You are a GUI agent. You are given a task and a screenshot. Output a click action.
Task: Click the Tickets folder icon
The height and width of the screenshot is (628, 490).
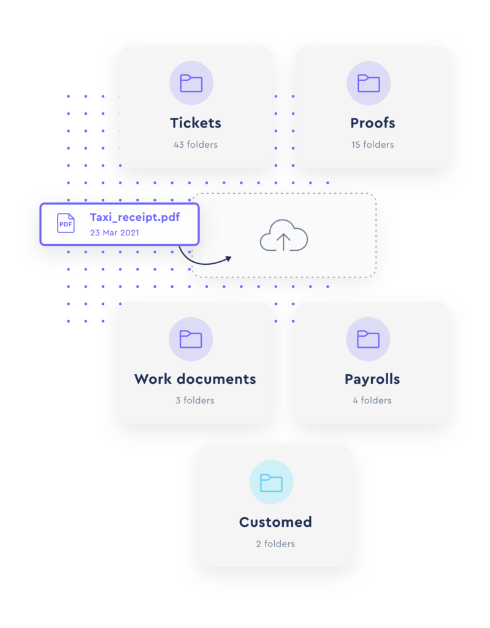click(191, 83)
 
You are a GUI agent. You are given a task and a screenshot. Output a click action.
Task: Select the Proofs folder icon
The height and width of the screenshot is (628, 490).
click(369, 83)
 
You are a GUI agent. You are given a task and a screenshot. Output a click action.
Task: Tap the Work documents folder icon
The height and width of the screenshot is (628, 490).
click(191, 339)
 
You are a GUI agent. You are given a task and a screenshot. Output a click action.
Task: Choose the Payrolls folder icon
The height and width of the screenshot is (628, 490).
click(368, 339)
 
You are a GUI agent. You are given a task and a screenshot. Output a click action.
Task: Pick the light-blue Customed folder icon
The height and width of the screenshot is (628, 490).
click(271, 483)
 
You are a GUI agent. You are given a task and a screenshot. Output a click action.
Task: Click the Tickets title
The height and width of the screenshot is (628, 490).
click(196, 123)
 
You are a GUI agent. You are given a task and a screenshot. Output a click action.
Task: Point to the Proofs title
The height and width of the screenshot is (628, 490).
click(373, 123)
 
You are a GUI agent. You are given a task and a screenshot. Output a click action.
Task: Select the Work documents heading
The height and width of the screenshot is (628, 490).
click(195, 379)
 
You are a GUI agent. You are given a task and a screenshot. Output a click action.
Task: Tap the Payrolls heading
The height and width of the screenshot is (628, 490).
click(372, 379)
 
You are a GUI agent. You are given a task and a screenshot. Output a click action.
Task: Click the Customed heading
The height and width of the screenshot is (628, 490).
click(275, 522)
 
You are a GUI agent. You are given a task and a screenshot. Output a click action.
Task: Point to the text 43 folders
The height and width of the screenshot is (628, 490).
click(196, 145)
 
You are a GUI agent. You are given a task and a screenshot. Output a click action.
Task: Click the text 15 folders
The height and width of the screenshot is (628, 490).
click(373, 145)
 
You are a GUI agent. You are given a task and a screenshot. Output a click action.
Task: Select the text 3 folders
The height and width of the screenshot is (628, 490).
click(195, 400)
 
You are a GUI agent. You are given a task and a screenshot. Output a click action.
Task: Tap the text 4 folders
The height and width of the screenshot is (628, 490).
click(372, 400)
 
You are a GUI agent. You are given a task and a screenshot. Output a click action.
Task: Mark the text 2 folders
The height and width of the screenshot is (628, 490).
click(275, 544)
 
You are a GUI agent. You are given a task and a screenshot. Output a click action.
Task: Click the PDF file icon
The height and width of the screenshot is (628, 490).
click(66, 223)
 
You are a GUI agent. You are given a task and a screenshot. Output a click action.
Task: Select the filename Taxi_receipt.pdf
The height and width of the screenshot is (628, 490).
click(135, 217)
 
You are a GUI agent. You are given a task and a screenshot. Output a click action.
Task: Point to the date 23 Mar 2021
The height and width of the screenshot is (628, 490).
click(115, 232)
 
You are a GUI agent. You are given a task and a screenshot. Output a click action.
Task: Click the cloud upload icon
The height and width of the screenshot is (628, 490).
click(284, 235)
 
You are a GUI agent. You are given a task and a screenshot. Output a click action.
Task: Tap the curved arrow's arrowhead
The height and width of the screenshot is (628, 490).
click(229, 259)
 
